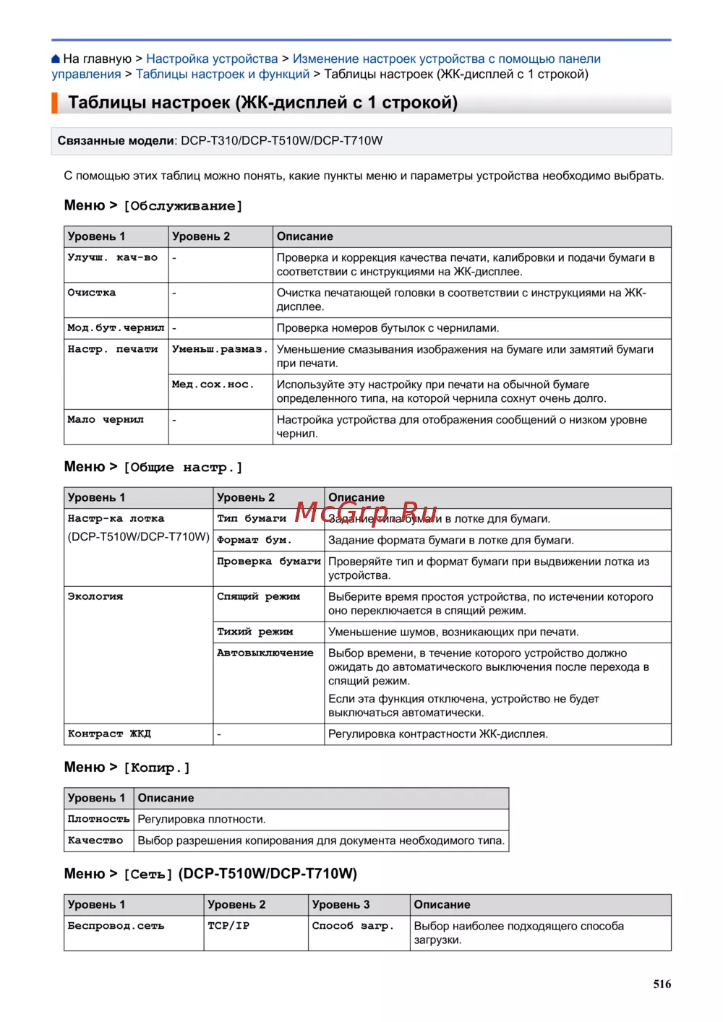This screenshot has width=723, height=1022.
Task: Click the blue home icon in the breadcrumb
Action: coord(56,59)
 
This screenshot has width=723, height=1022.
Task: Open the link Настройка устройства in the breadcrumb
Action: coord(212,59)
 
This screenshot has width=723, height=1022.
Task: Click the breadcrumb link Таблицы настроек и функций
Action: coord(223,74)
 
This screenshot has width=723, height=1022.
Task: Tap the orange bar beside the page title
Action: coord(54,103)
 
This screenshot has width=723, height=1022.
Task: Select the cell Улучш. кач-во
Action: coord(112,258)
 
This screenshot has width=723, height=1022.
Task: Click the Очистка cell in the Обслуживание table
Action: coord(92,293)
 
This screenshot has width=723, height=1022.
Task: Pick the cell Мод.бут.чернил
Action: coord(116,328)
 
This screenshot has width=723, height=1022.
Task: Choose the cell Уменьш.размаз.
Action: coord(220,350)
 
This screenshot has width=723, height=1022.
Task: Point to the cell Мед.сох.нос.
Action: coord(213,385)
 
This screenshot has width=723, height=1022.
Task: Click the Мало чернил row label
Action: coord(106,420)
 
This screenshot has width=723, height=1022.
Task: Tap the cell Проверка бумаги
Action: coord(268,562)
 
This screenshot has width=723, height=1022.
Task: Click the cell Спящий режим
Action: coord(258,597)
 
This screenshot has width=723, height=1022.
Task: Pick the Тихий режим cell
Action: coord(254,632)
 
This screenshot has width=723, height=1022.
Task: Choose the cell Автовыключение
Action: coord(265,653)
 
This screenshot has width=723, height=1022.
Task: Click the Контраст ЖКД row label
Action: coord(109,734)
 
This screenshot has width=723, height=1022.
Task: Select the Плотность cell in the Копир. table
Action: coord(98,820)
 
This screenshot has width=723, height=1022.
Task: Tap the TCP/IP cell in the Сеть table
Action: coord(228,926)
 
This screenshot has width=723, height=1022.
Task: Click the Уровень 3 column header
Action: coord(341,905)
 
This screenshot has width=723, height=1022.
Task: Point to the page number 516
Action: coord(662,984)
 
